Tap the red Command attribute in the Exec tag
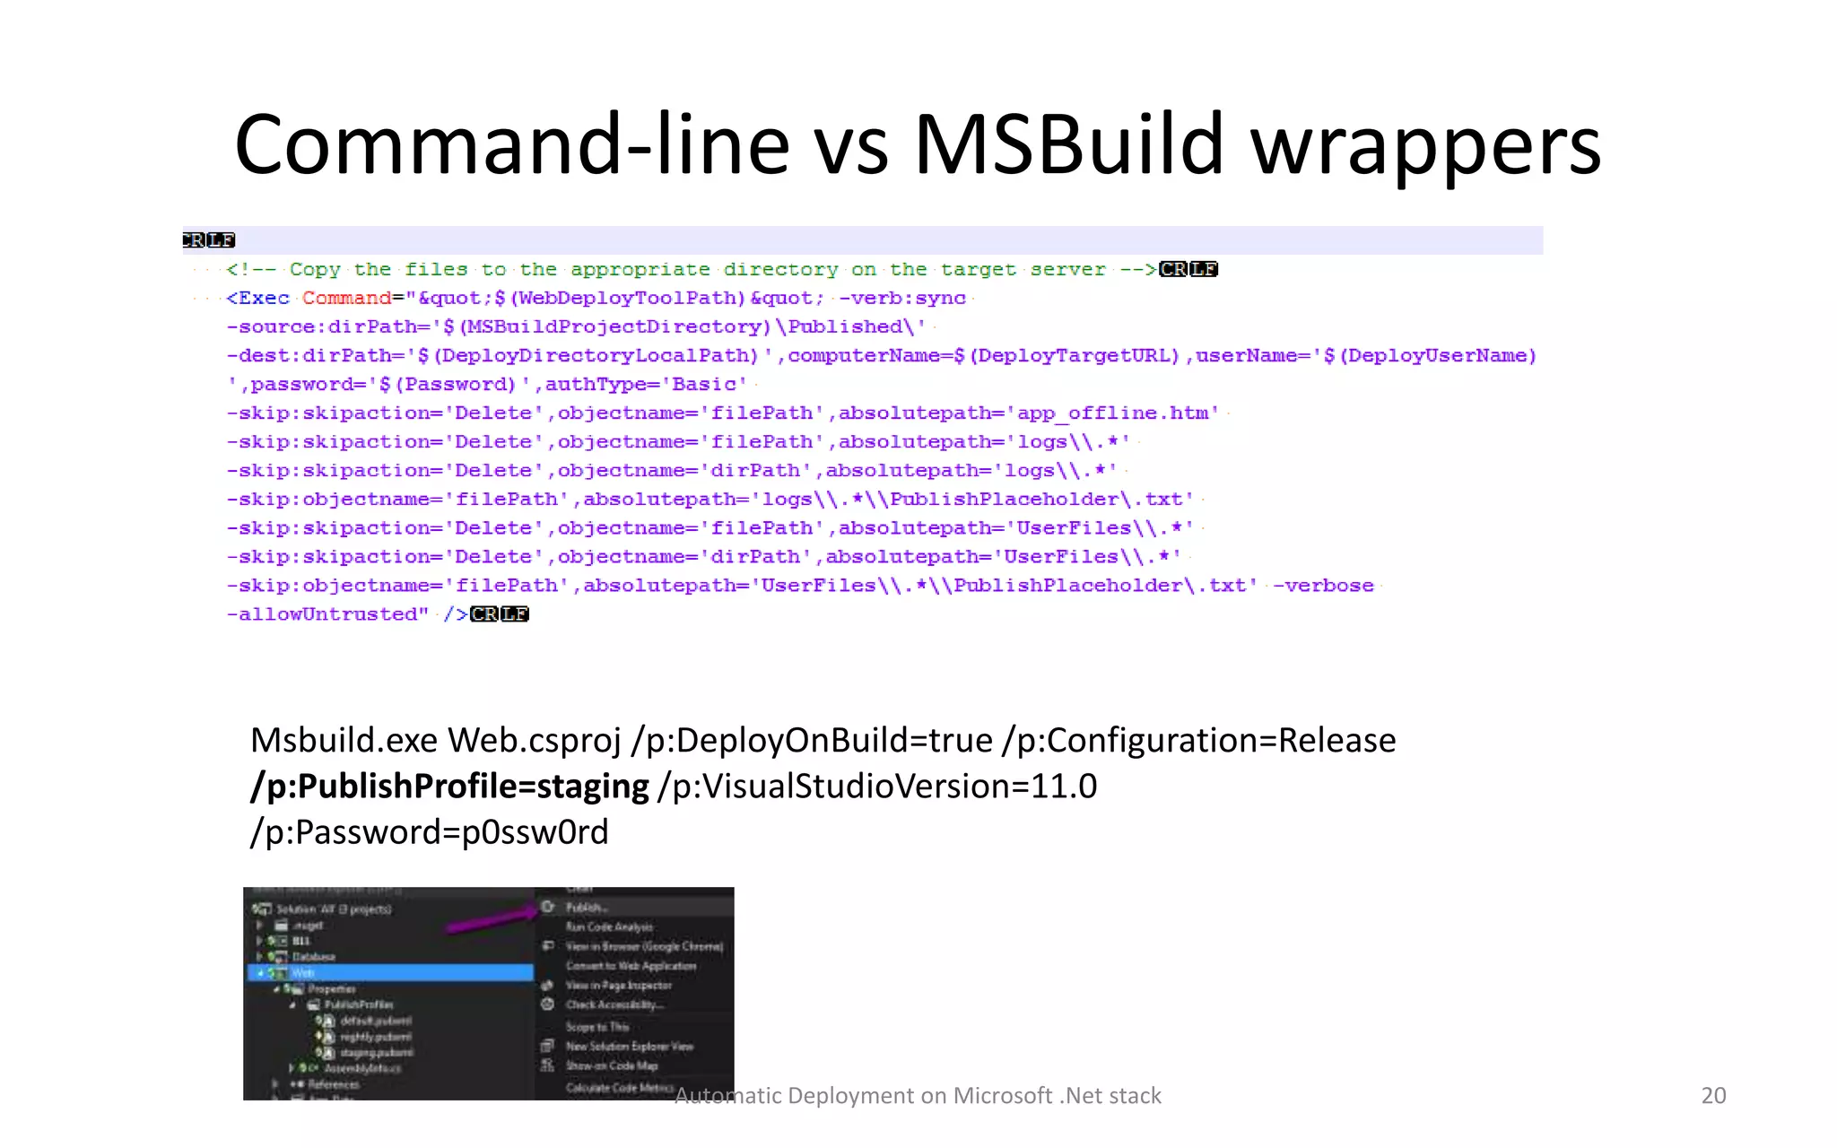click(x=346, y=298)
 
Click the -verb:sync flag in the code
click(x=901, y=298)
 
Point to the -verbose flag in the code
click(x=1323, y=585)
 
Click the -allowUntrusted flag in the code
click(x=328, y=613)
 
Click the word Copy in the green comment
click(x=315, y=269)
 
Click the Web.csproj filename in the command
click(x=535, y=741)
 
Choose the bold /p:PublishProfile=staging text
click(x=449, y=787)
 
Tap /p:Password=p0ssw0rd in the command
click(x=430, y=832)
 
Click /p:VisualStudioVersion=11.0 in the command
click(x=877, y=787)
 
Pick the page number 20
click(x=1713, y=1095)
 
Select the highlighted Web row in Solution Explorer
click(x=390, y=972)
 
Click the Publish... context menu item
click(x=587, y=908)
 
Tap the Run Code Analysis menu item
click(x=609, y=927)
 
